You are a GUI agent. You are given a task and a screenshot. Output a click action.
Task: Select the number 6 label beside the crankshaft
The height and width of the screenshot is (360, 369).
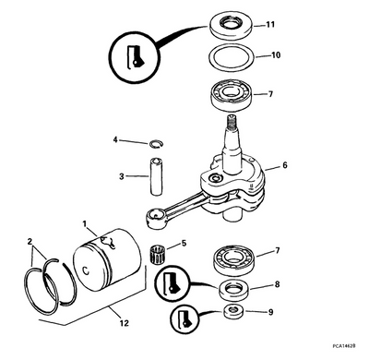285,165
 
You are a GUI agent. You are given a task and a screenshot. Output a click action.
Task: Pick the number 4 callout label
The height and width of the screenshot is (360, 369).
115,139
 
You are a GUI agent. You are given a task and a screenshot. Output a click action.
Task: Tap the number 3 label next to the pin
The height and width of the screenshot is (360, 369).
121,176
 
